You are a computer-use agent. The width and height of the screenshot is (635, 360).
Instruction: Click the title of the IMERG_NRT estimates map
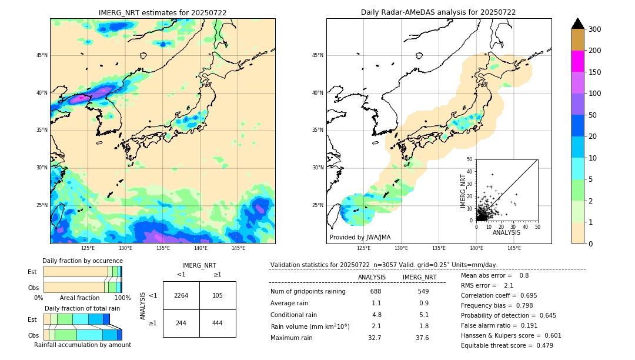(x=162, y=12)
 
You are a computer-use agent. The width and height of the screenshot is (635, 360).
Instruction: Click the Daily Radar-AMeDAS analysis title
(x=438, y=12)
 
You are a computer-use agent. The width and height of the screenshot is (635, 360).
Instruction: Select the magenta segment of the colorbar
(x=577, y=61)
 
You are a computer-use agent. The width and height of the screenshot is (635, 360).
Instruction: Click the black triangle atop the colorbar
(x=578, y=24)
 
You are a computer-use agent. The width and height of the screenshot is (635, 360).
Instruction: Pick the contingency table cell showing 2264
(x=181, y=295)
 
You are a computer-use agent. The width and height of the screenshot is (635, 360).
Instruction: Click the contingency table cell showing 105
(x=218, y=295)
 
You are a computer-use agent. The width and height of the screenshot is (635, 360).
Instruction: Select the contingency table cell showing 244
(x=181, y=323)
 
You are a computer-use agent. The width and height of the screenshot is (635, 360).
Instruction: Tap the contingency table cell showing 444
(x=218, y=323)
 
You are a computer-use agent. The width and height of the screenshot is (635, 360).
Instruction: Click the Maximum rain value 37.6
(x=422, y=338)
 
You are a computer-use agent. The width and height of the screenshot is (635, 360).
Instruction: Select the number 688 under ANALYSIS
(x=376, y=291)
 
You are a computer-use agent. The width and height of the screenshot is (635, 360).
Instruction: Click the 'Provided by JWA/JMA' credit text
(x=360, y=237)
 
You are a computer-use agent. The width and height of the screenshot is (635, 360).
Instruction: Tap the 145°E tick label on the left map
(x=238, y=248)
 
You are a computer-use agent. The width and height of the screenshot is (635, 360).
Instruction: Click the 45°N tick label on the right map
(x=317, y=56)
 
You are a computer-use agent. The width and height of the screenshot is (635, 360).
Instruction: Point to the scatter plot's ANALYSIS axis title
(x=506, y=232)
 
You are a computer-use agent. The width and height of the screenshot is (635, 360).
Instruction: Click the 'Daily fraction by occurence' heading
(x=81, y=261)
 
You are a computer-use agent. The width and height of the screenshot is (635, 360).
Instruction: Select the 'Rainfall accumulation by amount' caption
(x=88, y=345)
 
